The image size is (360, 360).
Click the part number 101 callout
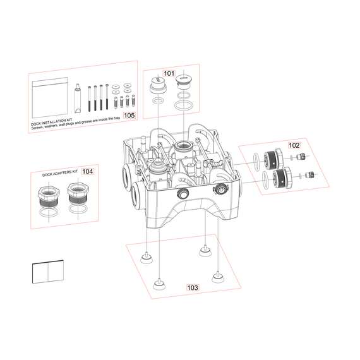(169, 74)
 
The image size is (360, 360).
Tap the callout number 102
(294, 145)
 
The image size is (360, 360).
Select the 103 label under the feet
(192, 287)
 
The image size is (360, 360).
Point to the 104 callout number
(87, 171)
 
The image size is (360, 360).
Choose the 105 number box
(129, 116)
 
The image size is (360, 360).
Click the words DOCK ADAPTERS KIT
(60, 172)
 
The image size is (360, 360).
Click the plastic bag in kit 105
(50, 97)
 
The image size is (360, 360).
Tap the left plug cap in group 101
(158, 87)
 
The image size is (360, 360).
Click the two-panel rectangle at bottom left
(49, 273)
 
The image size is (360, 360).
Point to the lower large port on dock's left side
(136, 195)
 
